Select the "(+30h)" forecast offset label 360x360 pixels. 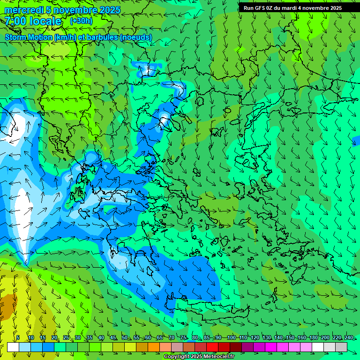(x=81, y=21)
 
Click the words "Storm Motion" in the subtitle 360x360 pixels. (x=29, y=37)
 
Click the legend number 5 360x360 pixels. (x=18, y=337)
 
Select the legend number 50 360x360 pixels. (x=125, y=337)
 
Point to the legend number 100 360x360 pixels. (x=231, y=337)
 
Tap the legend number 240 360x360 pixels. (x=349, y=337)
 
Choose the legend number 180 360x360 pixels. (x=313, y=337)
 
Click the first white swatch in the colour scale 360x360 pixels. (x=13, y=347)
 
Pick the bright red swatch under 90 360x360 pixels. (x=212, y=347)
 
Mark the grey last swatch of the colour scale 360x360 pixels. (x=341, y=347)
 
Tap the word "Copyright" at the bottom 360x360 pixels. (x=176, y=357)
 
